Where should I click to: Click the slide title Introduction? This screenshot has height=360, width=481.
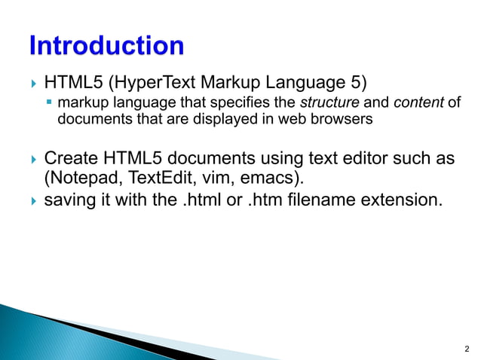106,47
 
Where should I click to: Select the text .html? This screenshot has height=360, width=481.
208,201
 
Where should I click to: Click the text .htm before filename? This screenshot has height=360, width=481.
265,201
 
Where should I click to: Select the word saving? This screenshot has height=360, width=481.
69,201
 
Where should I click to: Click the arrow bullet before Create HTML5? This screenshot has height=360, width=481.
32,160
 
